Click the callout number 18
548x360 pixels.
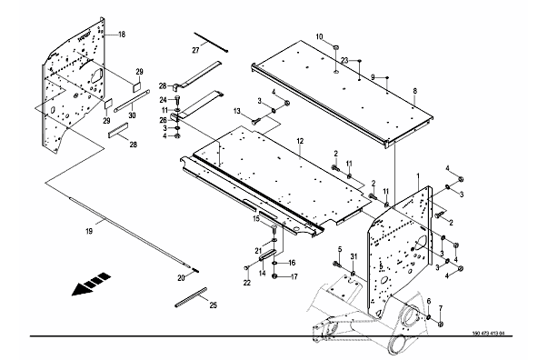pos(122,35)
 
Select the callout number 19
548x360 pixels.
pos(89,231)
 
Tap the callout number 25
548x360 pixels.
pos(214,305)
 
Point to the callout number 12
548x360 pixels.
pos(300,141)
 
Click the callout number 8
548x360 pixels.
pos(414,91)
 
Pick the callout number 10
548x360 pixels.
pos(319,36)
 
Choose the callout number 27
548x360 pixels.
pos(195,50)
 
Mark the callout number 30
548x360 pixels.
pos(132,115)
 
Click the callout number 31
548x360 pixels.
pos(354,256)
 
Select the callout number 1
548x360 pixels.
pos(418,175)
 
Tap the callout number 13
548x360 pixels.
pos(237,111)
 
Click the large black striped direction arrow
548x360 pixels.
pos(91,284)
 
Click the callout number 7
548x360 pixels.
pos(441,308)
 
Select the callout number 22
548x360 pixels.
pos(247,283)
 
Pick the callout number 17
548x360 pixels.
pos(294,276)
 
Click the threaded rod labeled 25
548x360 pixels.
pos(191,297)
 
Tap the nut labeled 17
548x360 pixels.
pos(274,276)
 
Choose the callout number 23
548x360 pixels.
pos(344,61)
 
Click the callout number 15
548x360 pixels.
pos(256,219)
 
